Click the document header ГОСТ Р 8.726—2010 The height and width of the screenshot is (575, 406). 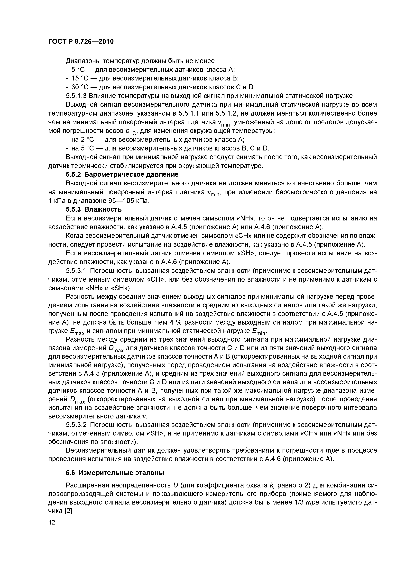(x=81, y=41)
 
